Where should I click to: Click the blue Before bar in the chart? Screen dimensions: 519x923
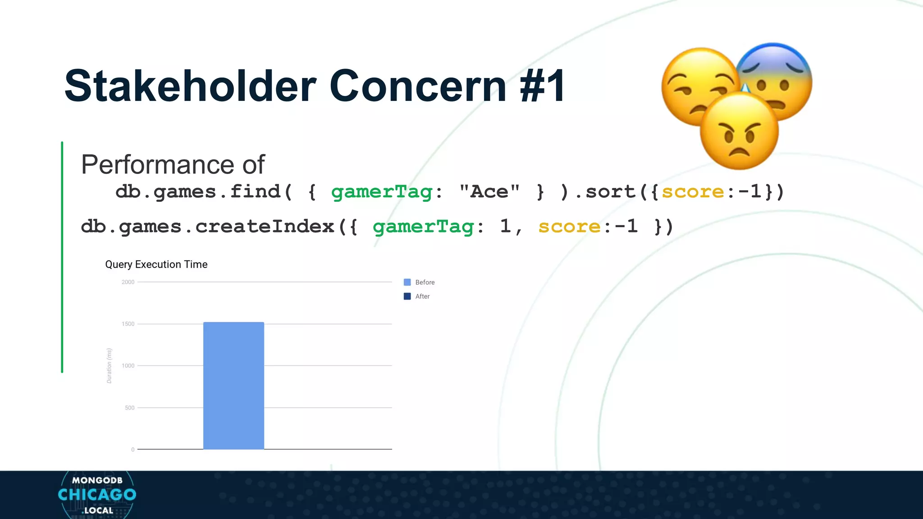[x=233, y=386]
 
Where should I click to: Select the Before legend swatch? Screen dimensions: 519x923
[x=407, y=282]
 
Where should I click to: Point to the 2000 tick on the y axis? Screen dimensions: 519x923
[x=128, y=282]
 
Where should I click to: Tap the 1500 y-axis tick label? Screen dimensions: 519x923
[x=128, y=324]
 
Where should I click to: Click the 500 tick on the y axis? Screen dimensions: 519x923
[x=129, y=408]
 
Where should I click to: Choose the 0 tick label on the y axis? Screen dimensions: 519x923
[x=133, y=450]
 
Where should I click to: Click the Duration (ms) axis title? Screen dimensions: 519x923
[x=109, y=366]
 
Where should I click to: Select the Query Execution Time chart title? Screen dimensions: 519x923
[x=156, y=264]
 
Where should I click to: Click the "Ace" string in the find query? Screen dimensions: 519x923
[x=489, y=192]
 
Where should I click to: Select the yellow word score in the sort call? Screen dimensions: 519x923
[x=693, y=192]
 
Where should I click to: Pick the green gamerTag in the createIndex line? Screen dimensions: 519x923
[x=423, y=227]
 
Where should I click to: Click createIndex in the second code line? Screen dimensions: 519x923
[x=265, y=227]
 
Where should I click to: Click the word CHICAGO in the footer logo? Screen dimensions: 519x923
[x=97, y=495]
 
